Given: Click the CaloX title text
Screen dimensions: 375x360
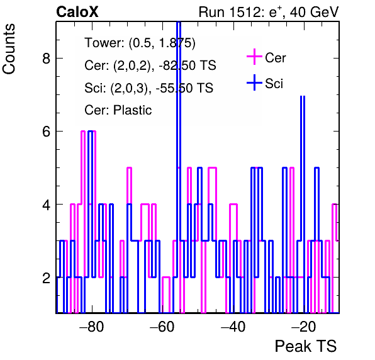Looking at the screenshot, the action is pos(77,12).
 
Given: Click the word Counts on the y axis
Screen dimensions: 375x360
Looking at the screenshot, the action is pos(9,49).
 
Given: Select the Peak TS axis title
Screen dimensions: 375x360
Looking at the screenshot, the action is pos(306,346).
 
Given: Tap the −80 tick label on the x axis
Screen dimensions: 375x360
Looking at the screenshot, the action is pos(92,326).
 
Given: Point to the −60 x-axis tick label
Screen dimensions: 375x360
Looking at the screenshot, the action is pos(162,326).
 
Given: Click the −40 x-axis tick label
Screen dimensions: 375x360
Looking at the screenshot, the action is pos(233,326).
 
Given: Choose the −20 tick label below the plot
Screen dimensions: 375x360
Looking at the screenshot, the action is pos(304,326).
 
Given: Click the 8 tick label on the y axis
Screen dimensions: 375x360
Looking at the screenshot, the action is pos(47,58).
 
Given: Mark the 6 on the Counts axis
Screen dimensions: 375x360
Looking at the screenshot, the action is pos(47,132).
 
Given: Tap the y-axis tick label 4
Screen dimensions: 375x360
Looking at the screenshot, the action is pos(47,205).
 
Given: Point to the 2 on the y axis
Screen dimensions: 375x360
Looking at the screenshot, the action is pos(47,278).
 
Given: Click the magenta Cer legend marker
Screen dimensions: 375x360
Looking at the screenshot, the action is pos(254,57).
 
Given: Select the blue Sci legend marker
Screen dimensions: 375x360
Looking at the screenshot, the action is pos(254,82).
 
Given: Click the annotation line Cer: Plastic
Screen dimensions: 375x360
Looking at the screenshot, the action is pos(118,110).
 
